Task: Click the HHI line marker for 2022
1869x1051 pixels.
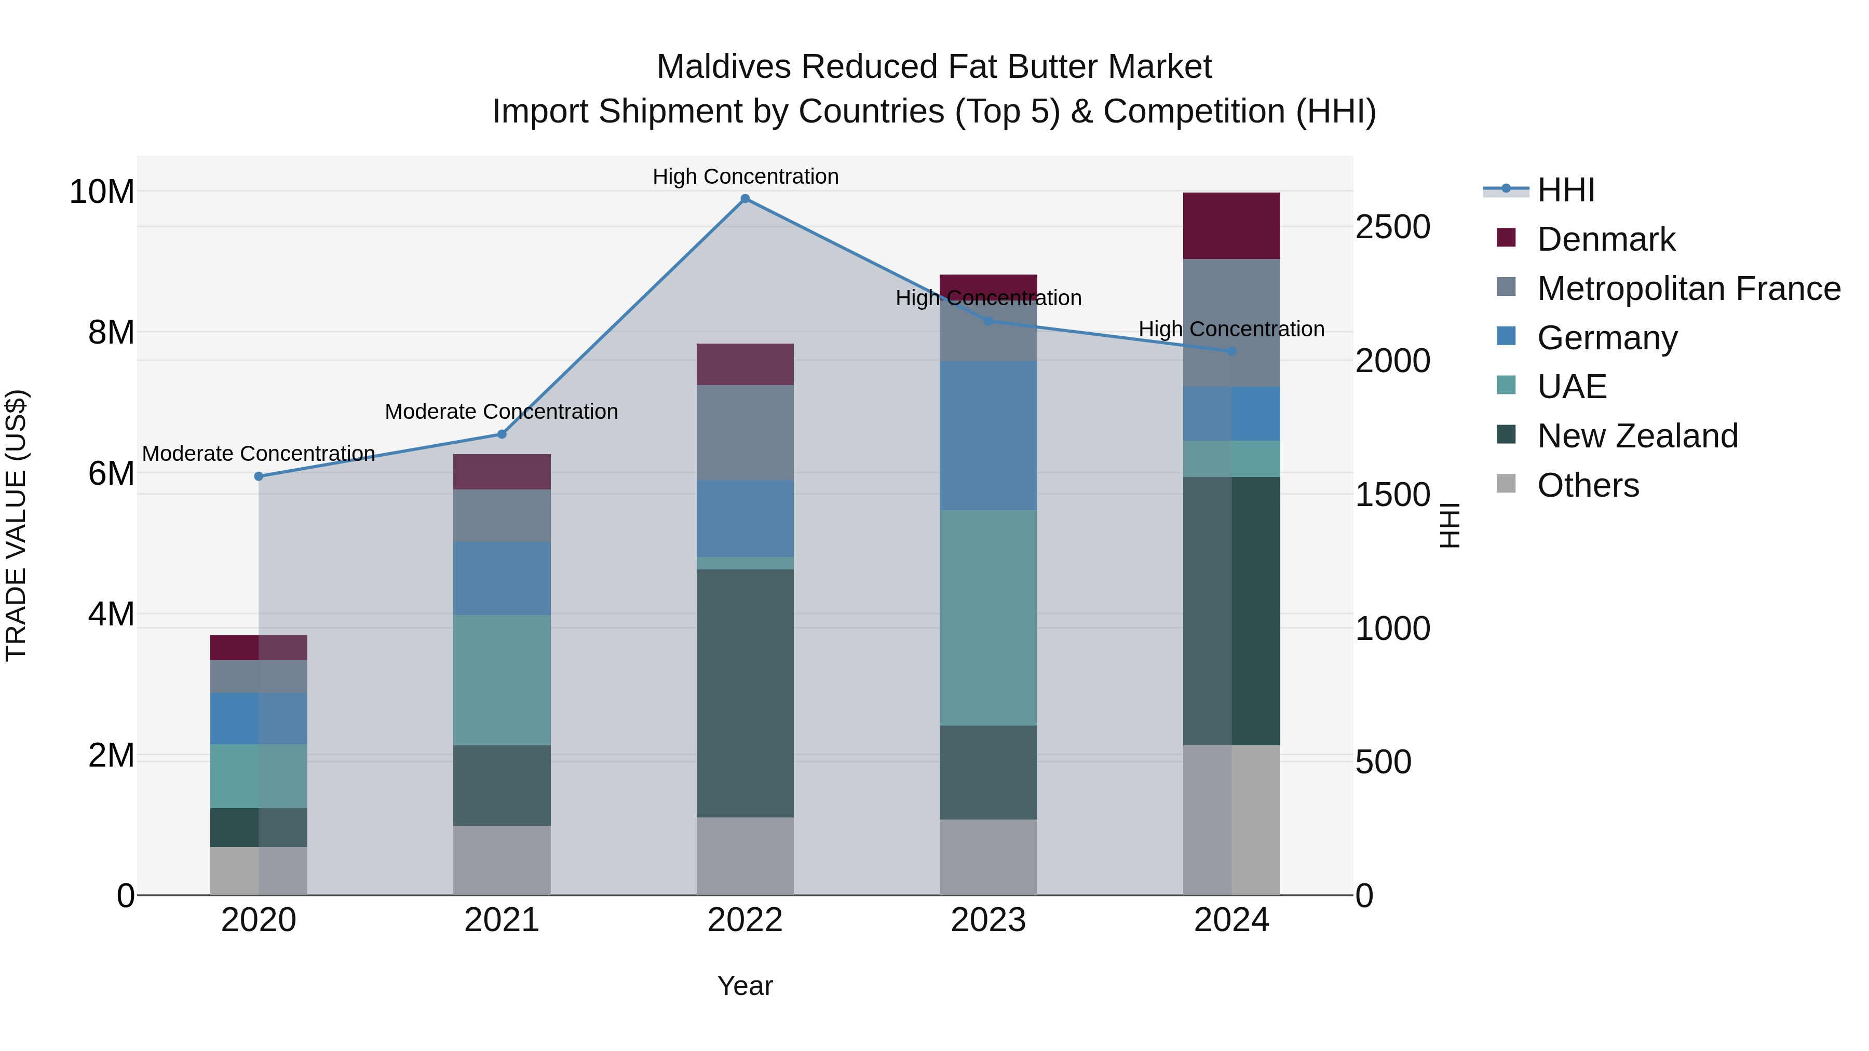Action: pos(745,199)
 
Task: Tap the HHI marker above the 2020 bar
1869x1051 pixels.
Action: pos(259,476)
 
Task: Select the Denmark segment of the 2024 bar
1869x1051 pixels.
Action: pos(1231,226)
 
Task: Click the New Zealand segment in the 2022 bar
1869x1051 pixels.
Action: pos(745,693)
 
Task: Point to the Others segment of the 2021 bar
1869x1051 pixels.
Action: pos(502,859)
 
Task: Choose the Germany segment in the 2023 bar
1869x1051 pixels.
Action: pos(988,435)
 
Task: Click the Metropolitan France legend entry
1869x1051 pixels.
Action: pos(1688,289)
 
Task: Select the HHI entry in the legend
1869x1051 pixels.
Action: pos(1566,190)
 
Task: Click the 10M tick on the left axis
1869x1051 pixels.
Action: pos(102,192)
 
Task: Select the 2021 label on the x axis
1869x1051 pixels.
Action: pos(502,920)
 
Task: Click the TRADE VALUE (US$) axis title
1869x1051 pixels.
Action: pos(17,525)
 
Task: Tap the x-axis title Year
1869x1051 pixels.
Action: pos(745,986)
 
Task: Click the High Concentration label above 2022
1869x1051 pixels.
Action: pos(745,176)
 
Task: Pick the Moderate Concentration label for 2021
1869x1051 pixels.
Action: pos(502,411)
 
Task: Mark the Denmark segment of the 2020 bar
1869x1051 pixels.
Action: pos(259,648)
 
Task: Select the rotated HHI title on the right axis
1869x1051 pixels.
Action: pos(1449,525)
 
